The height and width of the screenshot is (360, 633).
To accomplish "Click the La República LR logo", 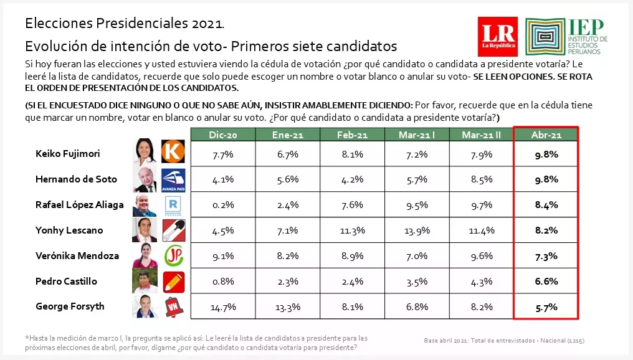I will pyautogui.click(x=497, y=37).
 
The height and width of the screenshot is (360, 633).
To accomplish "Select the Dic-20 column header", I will pyautogui.click(x=222, y=135).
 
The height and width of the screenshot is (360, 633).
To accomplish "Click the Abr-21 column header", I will pyautogui.click(x=546, y=135).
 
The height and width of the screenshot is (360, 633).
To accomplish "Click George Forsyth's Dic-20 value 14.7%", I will pyautogui.click(x=222, y=306).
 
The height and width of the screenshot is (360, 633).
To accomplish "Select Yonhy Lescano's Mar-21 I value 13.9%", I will pyautogui.click(x=416, y=230).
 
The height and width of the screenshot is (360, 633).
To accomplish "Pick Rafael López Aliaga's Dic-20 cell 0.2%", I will pyautogui.click(x=222, y=204).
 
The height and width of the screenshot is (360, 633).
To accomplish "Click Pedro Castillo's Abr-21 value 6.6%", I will pyautogui.click(x=546, y=281).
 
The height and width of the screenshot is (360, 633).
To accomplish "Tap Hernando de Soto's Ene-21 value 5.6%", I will pyautogui.click(x=287, y=179).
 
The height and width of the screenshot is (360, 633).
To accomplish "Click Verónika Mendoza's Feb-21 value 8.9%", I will pyautogui.click(x=351, y=255).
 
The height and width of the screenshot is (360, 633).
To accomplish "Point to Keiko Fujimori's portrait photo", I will pyautogui.click(x=145, y=152).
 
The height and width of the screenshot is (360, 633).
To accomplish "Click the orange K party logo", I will pyautogui.click(x=173, y=152).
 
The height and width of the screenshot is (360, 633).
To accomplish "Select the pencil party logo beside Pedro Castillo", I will pyautogui.click(x=173, y=282).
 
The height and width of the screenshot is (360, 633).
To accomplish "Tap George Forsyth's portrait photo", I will pyautogui.click(x=145, y=307).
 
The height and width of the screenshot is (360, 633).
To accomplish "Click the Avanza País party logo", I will pyautogui.click(x=173, y=179).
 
